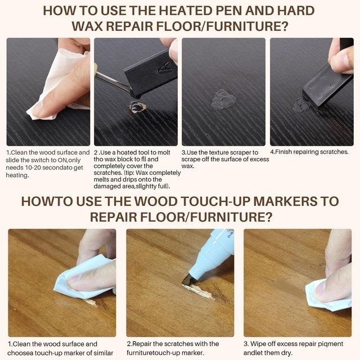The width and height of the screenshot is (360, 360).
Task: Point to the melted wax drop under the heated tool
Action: point(137,107)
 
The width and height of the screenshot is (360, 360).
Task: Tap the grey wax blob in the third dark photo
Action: point(223,100)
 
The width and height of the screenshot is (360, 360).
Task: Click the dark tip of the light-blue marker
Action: point(187,280)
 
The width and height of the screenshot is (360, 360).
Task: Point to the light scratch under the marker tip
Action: point(199,291)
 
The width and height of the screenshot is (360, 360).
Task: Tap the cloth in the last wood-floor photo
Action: point(327,295)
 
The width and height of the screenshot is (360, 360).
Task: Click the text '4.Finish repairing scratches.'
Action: point(309,152)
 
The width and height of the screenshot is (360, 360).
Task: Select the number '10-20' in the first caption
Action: point(33,168)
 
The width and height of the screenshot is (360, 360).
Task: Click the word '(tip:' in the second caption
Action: point(129,173)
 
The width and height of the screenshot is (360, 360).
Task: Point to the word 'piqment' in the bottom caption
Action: point(331,344)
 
